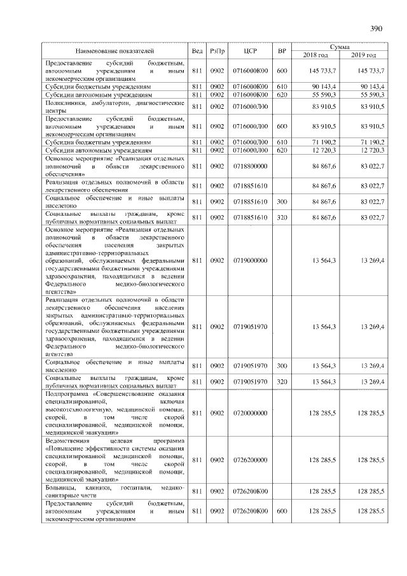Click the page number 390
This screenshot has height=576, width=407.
(x=376, y=28)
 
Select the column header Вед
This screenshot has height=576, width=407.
(x=197, y=50)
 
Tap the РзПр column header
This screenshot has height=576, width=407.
(x=217, y=50)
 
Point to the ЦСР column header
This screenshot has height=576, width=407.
(x=250, y=50)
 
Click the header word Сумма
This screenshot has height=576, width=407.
(x=339, y=47)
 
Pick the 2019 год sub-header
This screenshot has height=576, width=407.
(x=364, y=55)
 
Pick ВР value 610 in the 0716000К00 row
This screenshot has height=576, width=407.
(x=282, y=86)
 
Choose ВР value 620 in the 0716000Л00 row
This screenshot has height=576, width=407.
(x=282, y=150)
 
